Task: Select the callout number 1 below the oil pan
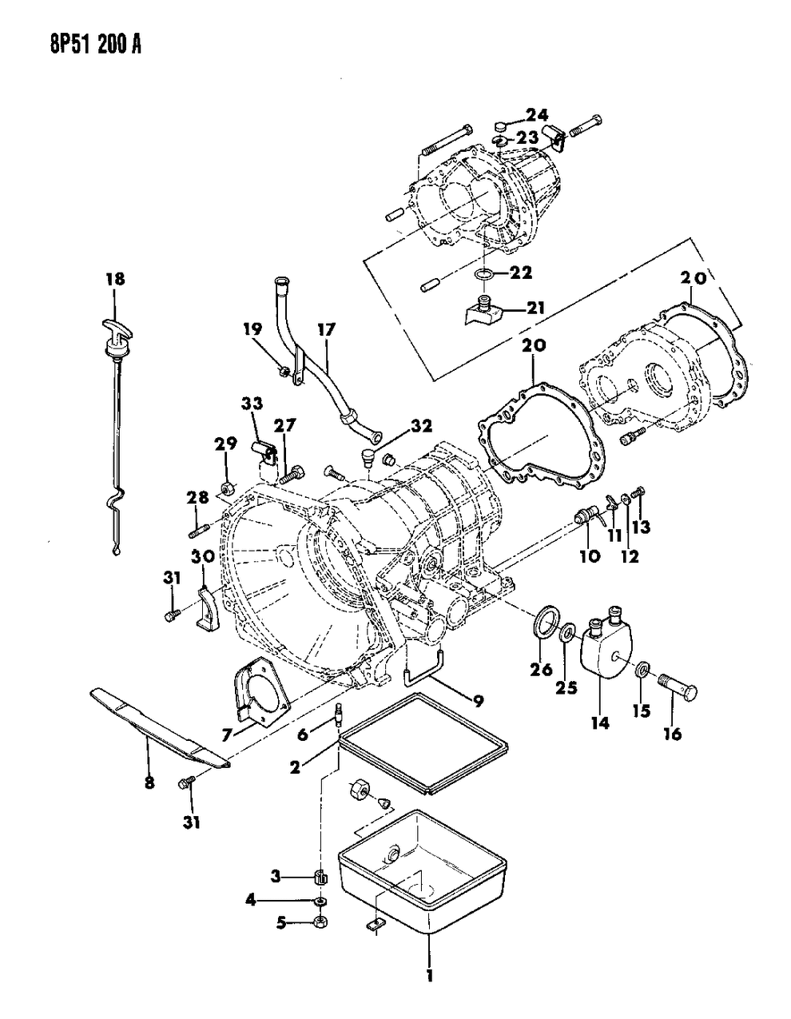429,977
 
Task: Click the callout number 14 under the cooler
599,723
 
